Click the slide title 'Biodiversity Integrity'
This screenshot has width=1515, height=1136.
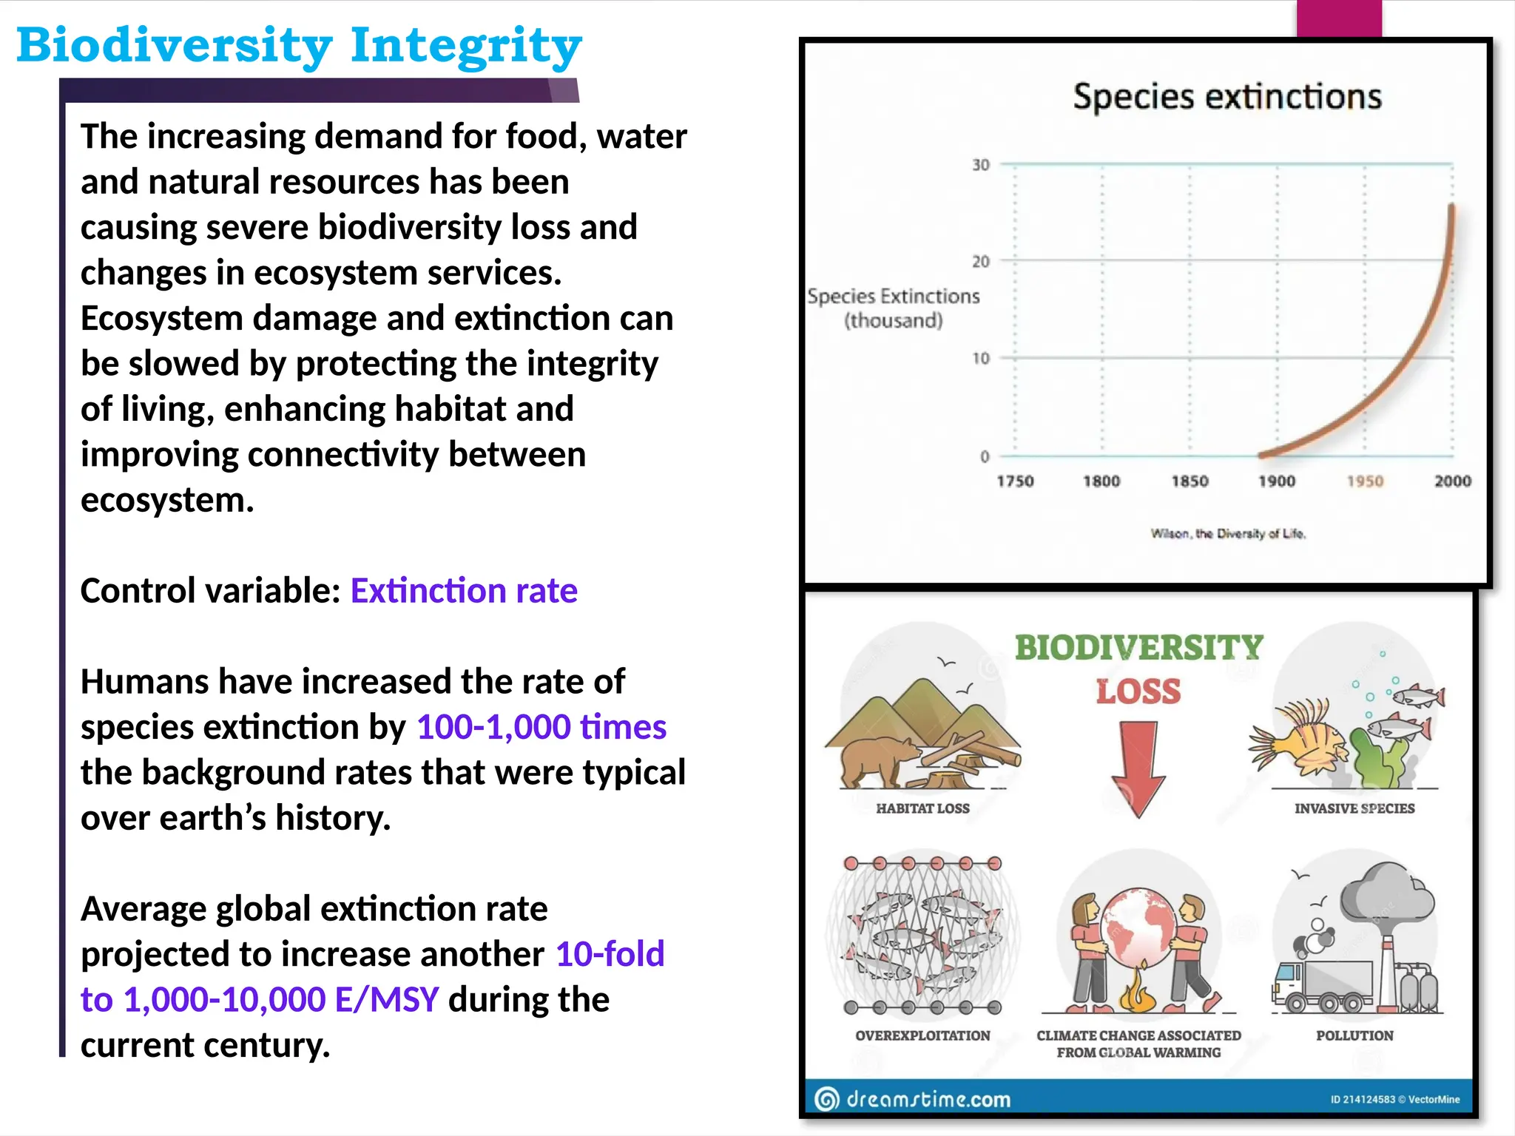[x=299, y=46]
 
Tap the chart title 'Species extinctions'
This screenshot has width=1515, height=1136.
[x=1226, y=97]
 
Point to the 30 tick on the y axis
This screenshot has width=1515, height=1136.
[x=980, y=165]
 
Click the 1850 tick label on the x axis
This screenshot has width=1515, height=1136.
[x=1190, y=481]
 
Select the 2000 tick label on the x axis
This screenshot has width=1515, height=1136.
[x=1452, y=481]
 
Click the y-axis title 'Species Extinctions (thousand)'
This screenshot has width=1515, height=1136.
[x=894, y=308]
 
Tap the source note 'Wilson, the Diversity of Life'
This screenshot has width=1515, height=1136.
[x=1228, y=534]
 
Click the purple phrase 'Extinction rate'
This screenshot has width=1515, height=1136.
[x=464, y=591]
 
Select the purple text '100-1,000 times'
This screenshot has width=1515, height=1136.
[x=541, y=727]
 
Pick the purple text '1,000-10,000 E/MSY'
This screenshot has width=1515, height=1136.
[x=281, y=1000]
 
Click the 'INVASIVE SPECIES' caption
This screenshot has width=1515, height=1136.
[x=1354, y=809]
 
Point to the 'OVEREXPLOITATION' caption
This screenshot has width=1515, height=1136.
[x=922, y=1036]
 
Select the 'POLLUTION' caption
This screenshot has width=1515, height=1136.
[x=1354, y=1036]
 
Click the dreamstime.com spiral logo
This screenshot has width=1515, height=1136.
[x=827, y=1100]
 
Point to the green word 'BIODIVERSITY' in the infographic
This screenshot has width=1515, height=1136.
[x=1138, y=648]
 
